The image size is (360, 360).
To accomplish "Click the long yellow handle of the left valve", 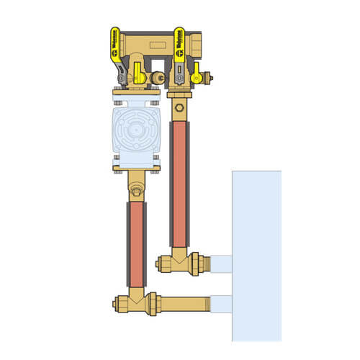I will point(114,51).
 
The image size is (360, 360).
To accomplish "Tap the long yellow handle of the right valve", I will point(179,51).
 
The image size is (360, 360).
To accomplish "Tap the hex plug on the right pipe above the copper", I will point(178,109).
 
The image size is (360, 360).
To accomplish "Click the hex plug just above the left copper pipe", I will point(136,192).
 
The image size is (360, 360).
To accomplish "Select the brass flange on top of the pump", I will point(135,92).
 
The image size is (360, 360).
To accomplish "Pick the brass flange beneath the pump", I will point(135,170).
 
